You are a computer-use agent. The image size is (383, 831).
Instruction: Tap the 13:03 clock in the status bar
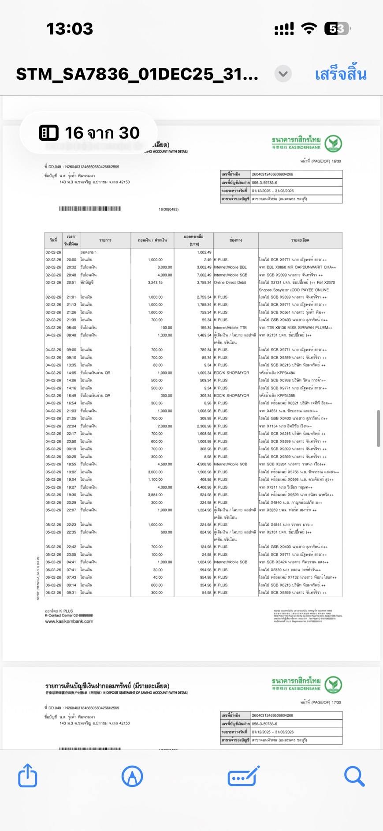[x=70, y=29]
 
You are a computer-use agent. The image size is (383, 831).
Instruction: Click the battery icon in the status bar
[x=338, y=29]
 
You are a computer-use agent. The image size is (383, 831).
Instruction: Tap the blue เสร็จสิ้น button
[x=340, y=74]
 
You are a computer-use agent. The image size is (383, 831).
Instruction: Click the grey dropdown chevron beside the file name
[x=283, y=74]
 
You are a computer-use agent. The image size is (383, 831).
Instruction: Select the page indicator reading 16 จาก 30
[x=89, y=133]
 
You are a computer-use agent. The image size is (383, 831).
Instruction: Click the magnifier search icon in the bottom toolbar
[x=354, y=776]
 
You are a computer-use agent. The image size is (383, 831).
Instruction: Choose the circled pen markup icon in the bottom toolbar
[x=132, y=776]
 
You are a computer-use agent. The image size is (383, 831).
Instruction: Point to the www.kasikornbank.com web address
[x=69, y=621]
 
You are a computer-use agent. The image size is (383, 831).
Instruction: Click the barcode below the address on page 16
[x=90, y=209]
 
